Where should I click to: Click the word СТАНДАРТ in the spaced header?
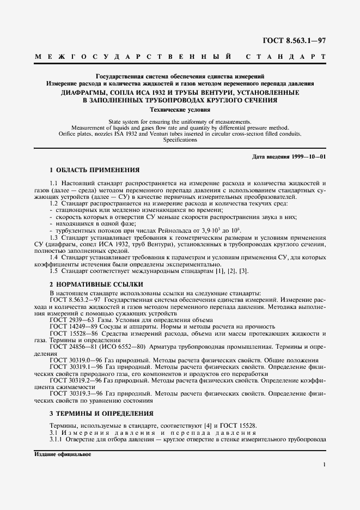pos(285,57)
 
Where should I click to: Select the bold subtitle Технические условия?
pos(180,109)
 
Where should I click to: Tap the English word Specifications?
pos(180,139)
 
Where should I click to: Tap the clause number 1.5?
pos(54,271)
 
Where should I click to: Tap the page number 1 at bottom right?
pos(324,465)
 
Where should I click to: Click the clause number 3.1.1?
pos(57,439)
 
